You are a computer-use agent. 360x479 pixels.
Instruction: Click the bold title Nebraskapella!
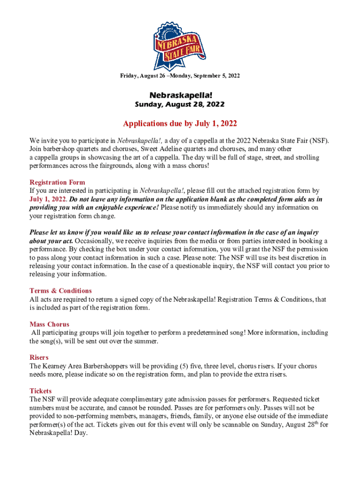[x=180, y=95]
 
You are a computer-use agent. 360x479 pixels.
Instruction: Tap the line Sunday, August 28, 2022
[x=180, y=104]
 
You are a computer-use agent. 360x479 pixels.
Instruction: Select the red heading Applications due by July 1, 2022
[x=180, y=124]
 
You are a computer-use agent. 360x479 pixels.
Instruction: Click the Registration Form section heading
[x=57, y=182]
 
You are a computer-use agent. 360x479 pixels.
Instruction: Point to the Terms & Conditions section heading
[x=60, y=290]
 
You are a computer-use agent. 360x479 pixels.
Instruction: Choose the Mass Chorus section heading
[x=49, y=324]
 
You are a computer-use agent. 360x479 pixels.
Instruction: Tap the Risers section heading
[x=39, y=357]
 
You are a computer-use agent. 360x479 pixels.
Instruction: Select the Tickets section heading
[x=41, y=391]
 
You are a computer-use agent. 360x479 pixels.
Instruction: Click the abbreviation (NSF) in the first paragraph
[x=320, y=141]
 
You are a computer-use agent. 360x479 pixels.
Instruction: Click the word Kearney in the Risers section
[x=56, y=366]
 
